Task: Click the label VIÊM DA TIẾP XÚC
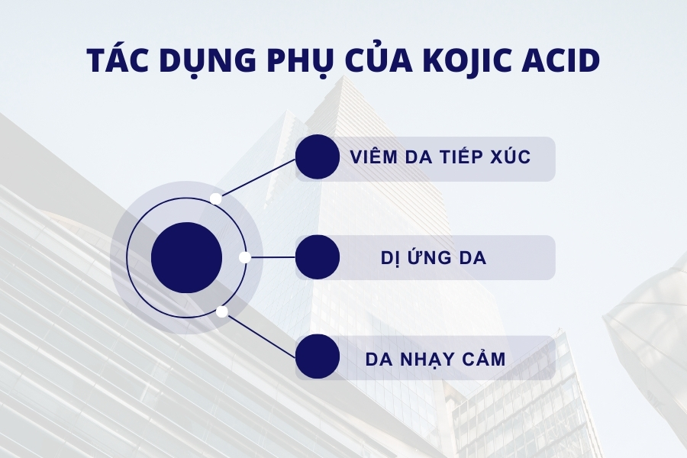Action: (440, 158)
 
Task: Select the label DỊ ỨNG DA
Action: (434, 258)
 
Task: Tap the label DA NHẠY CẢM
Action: (435, 358)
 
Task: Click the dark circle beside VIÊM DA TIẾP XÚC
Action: (318, 157)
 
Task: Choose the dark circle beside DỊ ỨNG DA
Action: (318, 257)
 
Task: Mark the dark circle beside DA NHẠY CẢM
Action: (318, 357)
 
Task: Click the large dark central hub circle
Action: (187, 258)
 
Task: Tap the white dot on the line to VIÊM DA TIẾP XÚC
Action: (216, 198)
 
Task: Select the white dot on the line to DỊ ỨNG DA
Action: (244, 257)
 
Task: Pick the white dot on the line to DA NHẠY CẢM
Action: (221, 311)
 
